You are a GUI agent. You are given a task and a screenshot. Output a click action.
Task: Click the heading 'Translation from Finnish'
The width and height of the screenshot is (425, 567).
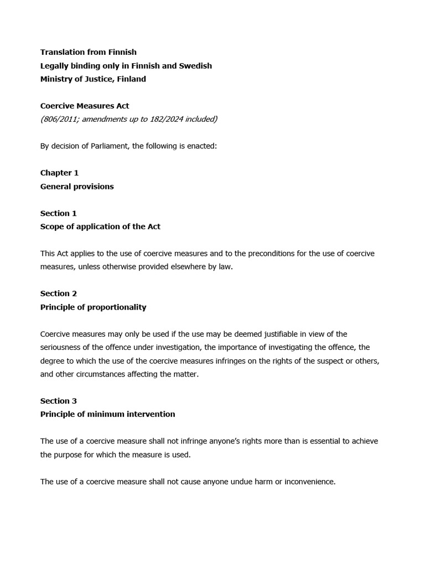[88, 52]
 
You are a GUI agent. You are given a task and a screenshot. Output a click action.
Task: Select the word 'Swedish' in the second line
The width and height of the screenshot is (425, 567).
[196, 65]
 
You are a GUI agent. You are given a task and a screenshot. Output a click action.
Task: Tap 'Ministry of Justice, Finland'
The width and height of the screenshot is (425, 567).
[93, 79]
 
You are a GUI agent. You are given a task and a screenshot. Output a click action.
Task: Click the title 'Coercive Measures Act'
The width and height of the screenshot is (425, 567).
[85, 106]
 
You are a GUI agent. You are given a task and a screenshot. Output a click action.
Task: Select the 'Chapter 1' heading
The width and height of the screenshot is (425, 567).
[59, 173]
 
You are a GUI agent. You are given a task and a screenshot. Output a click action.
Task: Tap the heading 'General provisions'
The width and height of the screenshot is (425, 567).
[77, 186]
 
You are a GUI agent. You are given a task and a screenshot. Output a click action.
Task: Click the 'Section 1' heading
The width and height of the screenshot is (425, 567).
[59, 213]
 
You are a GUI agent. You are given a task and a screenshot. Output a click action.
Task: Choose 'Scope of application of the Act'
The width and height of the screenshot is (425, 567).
[100, 226]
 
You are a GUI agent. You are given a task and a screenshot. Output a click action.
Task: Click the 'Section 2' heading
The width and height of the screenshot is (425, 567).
[59, 293]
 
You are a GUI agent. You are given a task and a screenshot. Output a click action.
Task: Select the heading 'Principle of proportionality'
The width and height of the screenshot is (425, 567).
[93, 307]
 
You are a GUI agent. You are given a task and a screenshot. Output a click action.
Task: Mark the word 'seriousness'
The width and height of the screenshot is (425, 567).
[62, 347]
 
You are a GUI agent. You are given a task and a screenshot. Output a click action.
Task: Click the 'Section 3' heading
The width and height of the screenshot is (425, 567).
[59, 400]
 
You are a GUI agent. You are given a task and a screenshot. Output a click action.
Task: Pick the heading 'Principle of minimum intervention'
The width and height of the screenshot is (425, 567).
[107, 414]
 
